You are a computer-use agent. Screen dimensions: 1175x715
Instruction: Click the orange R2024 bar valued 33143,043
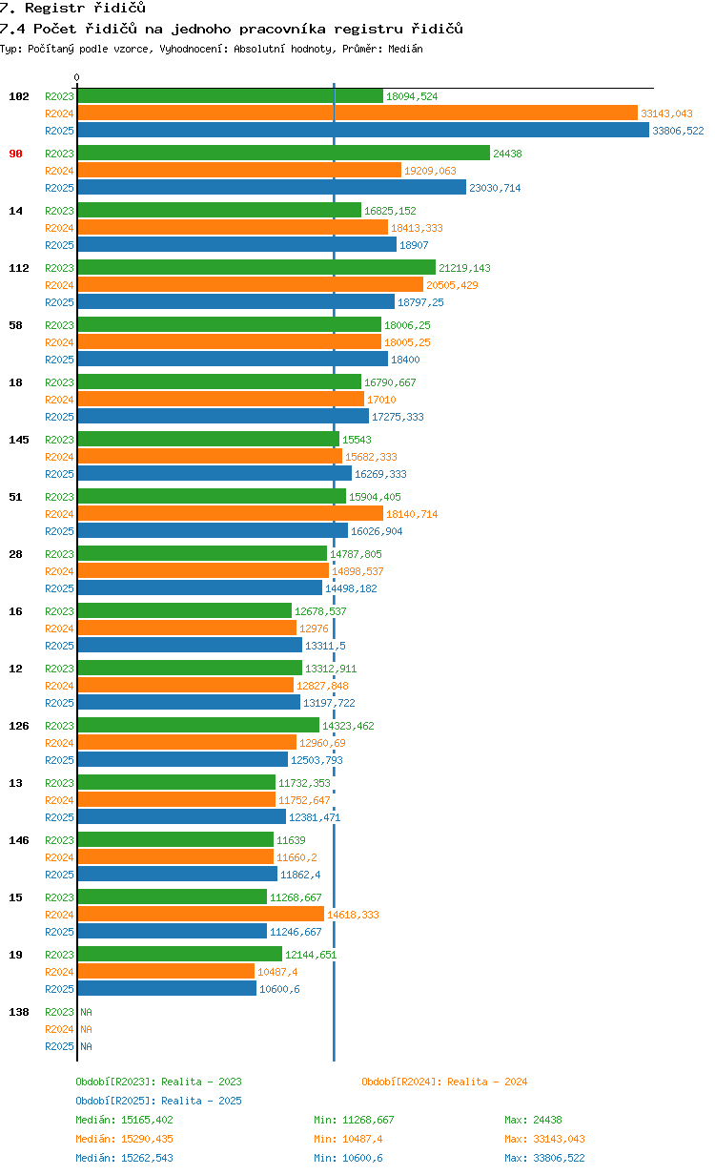357,113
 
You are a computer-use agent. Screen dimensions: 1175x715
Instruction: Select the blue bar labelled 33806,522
363,131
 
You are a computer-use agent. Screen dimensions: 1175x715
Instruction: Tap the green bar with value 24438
283,154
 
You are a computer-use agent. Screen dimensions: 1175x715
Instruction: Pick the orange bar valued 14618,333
201,915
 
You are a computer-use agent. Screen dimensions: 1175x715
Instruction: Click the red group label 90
15,154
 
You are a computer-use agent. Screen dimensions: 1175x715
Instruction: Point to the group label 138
18,1012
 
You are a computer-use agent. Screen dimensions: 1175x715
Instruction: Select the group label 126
18,726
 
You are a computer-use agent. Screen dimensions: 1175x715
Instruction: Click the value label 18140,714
412,514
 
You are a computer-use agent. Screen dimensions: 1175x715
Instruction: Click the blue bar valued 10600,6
167,989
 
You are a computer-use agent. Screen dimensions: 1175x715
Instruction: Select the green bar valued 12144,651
179,955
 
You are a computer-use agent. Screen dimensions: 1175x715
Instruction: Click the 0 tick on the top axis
77,77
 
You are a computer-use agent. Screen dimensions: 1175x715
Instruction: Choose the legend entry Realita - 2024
444,1082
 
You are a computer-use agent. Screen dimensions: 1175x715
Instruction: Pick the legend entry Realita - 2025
158,1101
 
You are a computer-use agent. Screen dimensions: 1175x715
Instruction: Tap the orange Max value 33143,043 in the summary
544,1139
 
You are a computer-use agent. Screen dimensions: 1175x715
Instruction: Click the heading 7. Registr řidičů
72,9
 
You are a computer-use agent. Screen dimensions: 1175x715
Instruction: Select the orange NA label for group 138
86,1029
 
